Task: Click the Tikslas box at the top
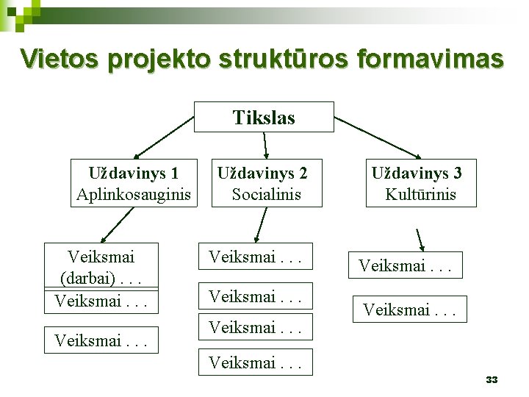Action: (x=264, y=117)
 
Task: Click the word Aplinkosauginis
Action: (x=134, y=195)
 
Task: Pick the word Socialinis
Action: (x=267, y=195)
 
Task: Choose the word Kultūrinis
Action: (x=420, y=195)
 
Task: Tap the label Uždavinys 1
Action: (x=134, y=174)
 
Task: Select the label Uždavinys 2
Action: (x=262, y=174)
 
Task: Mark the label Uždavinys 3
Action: (x=417, y=174)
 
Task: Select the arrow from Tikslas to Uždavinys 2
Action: (x=265, y=145)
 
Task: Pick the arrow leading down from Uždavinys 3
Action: (x=422, y=241)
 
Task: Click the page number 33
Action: (x=492, y=379)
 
